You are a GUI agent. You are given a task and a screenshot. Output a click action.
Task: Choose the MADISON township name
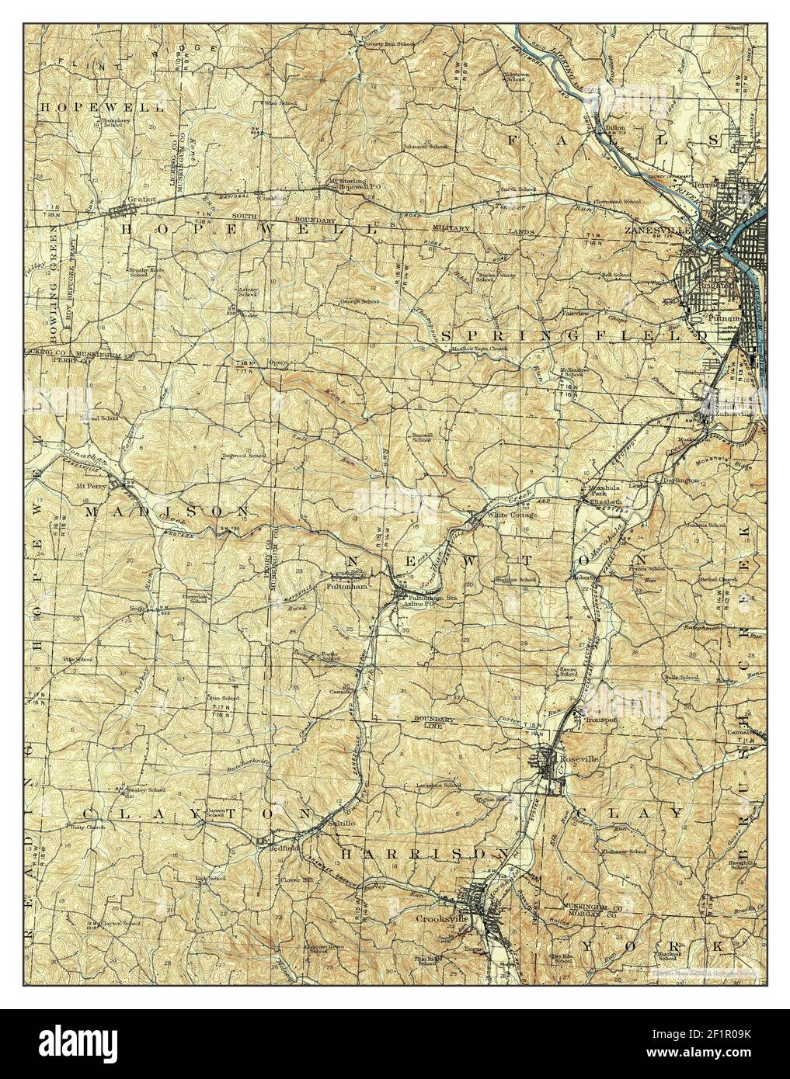pyautogui.click(x=167, y=512)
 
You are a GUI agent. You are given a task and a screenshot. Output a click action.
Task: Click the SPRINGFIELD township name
pyautogui.click(x=574, y=335)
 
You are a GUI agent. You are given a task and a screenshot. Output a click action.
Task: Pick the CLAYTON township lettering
pyautogui.click(x=198, y=813)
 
